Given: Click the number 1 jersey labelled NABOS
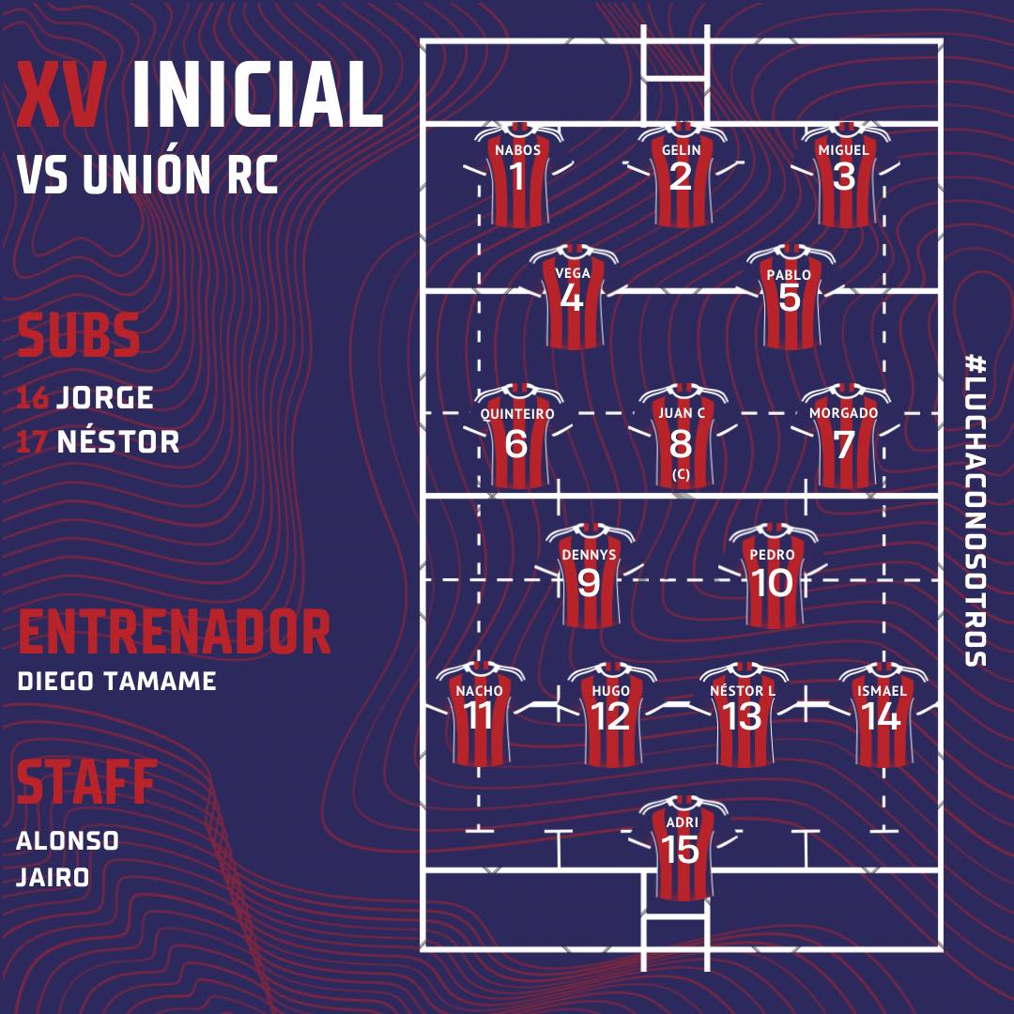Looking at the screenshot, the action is tap(518, 175).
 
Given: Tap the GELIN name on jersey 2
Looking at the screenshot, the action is tap(682, 150).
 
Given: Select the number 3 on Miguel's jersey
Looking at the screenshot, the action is tap(844, 177).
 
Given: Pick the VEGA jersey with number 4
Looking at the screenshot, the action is tap(574, 297).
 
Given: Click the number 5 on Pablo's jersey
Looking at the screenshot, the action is tap(790, 298).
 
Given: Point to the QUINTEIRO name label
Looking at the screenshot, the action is tap(517, 414).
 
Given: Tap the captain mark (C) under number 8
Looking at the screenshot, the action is tap(681, 474).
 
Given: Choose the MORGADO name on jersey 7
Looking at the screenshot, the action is tap(844, 412).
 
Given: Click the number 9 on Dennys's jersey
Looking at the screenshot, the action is tap(589, 583).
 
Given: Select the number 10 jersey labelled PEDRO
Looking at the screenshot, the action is tap(773, 576).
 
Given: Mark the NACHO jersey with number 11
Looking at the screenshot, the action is tap(480, 714).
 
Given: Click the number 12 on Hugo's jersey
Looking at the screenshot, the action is tap(610, 716).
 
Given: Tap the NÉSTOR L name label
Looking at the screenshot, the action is tap(743, 691).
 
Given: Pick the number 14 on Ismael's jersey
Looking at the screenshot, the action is tap(881, 716).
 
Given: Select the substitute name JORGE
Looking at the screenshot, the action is tap(105, 397).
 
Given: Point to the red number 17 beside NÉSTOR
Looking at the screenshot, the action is tap(31, 442).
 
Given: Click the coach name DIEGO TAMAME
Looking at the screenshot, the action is tap(116, 682).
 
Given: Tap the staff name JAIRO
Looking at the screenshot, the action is tap(53, 878).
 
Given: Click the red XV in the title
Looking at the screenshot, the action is tap(61, 95).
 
